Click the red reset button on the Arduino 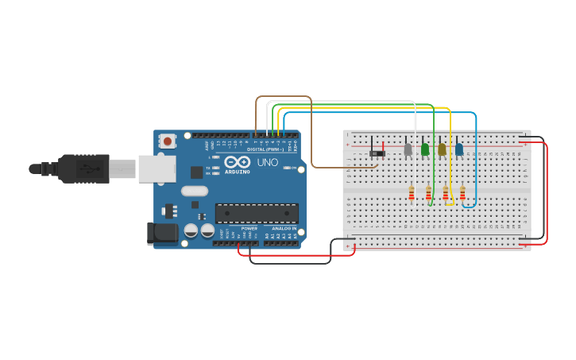[167, 141]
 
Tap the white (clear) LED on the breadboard [408, 149]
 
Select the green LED [425, 149]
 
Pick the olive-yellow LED [442, 149]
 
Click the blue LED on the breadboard [459, 149]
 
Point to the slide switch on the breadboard [377, 153]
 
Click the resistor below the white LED [411, 193]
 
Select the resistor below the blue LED [462, 193]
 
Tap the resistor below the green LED [428, 193]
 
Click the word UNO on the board [268, 162]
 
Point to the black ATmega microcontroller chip [257, 213]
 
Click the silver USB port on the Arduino [157, 168]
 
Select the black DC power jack [162, 233]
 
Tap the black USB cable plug [83, 168]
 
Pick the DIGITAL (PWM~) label [265, 149]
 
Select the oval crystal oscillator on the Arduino [194, 191]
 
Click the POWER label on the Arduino [249, 228]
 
